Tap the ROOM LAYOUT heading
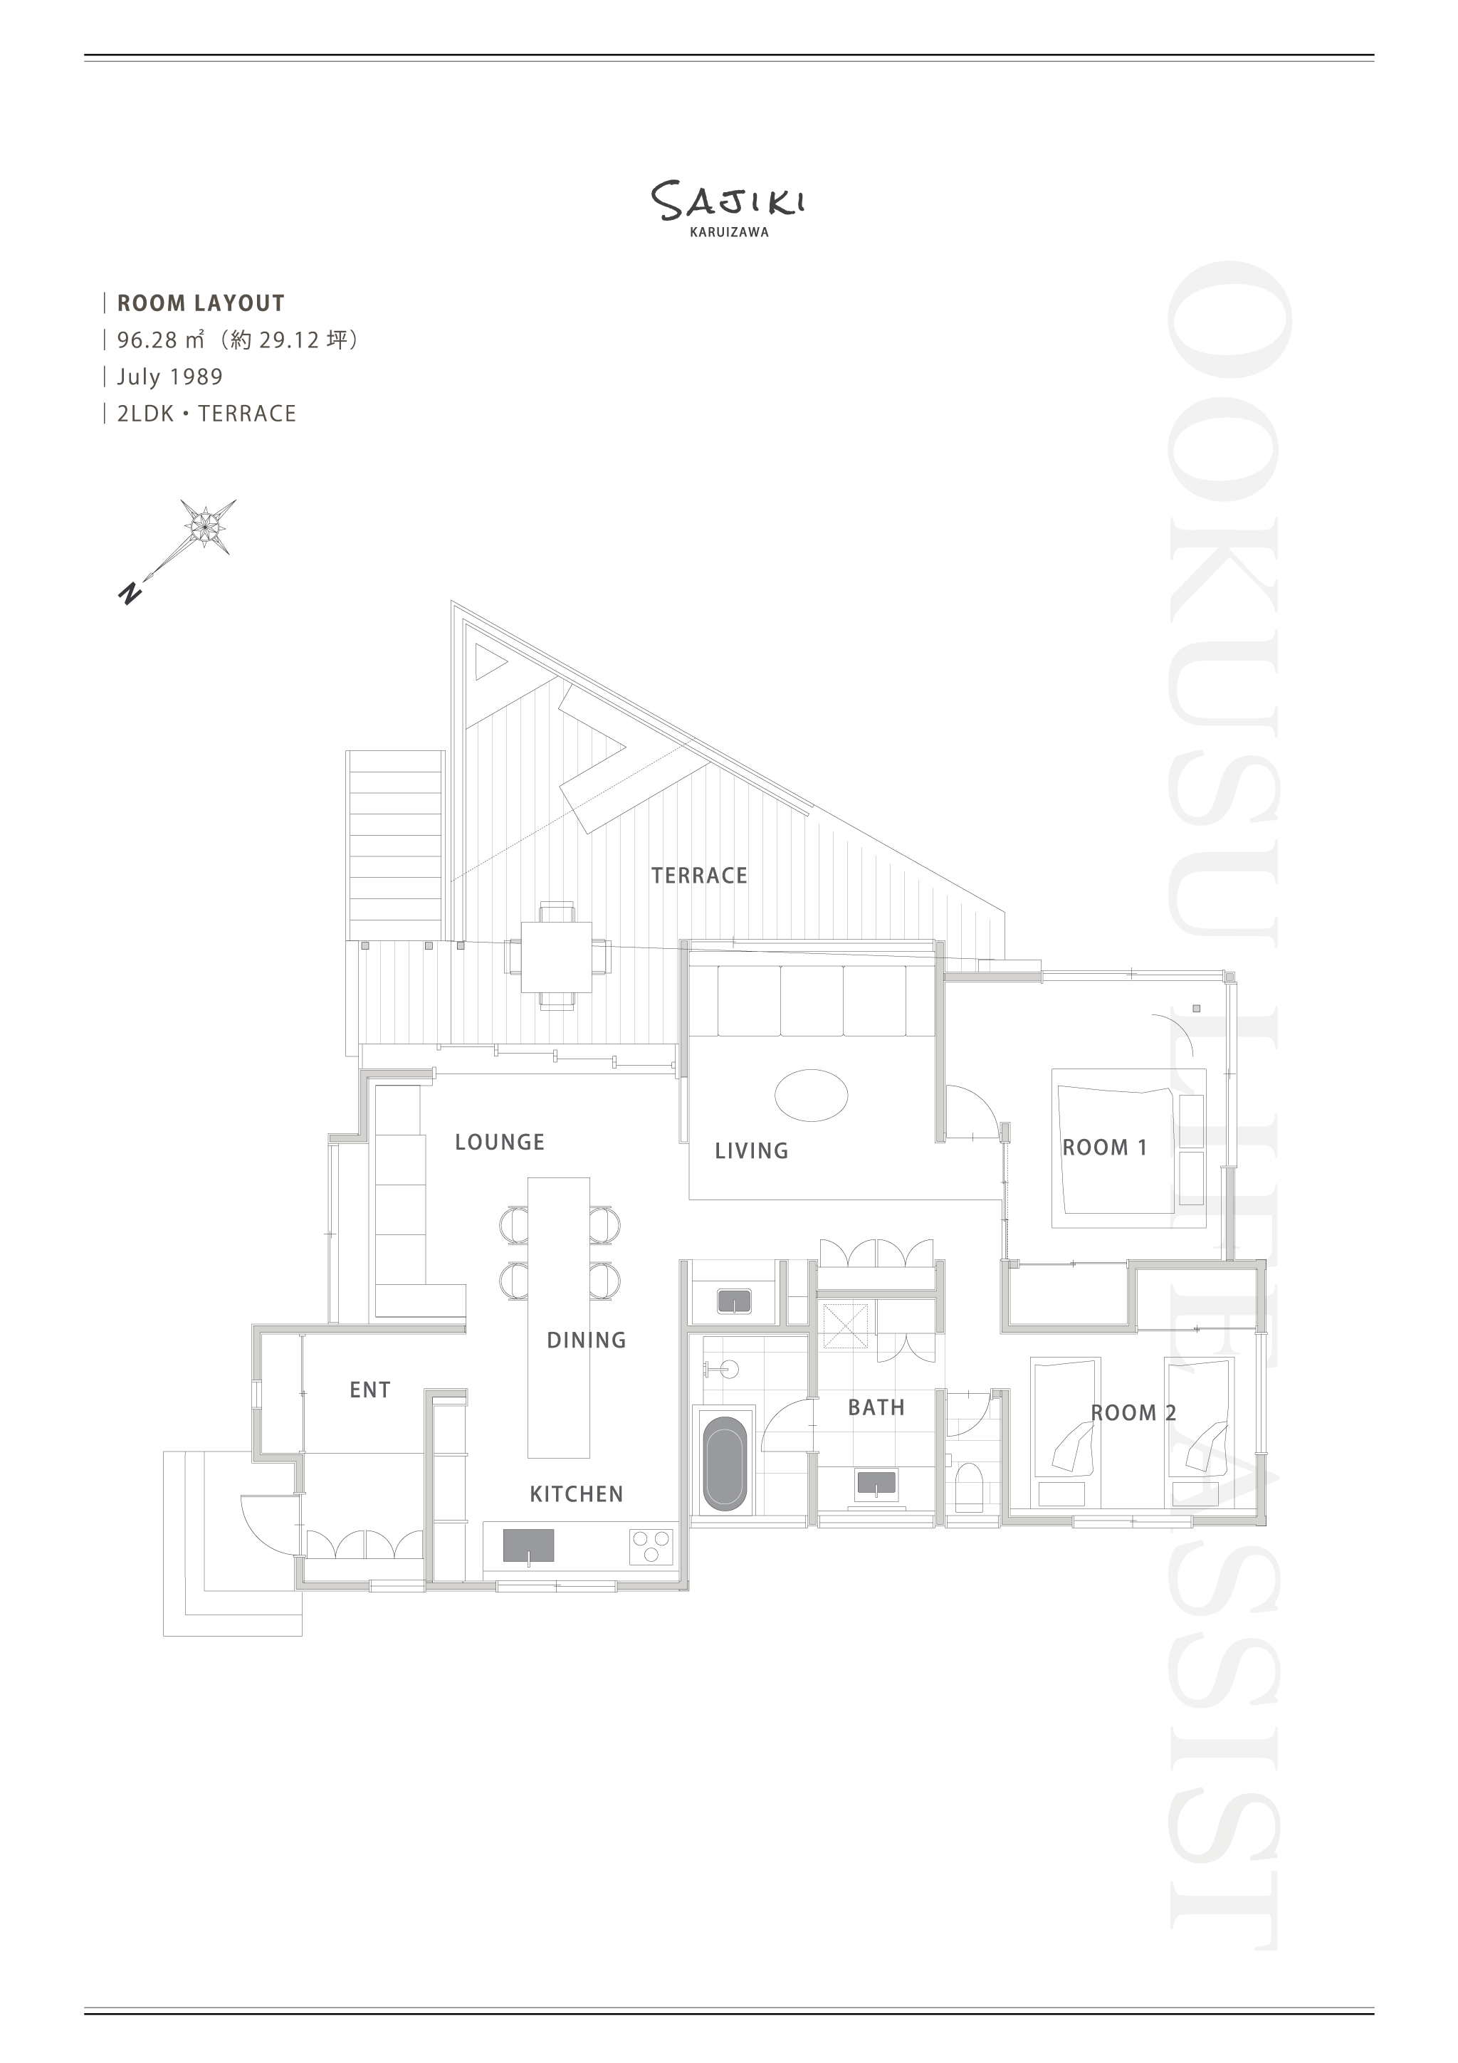click(x=200, y=304)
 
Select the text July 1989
click(x=169, y=377)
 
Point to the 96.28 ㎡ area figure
click(x=161, y=340)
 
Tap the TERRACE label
click(x=699, y=875)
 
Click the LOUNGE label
click(x=500, y=1142)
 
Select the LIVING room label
click(x=751, y=1151)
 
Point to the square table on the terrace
click(x=556, y=957)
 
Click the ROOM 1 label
click(x=1105, y=1148)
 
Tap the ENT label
click(x=370, y=1390)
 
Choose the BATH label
click(x=876, y=1408)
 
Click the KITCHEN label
click(x=576, y=1494)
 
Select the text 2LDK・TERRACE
click(x=206, y=414)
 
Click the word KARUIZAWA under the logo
click(x=728, y=232)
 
